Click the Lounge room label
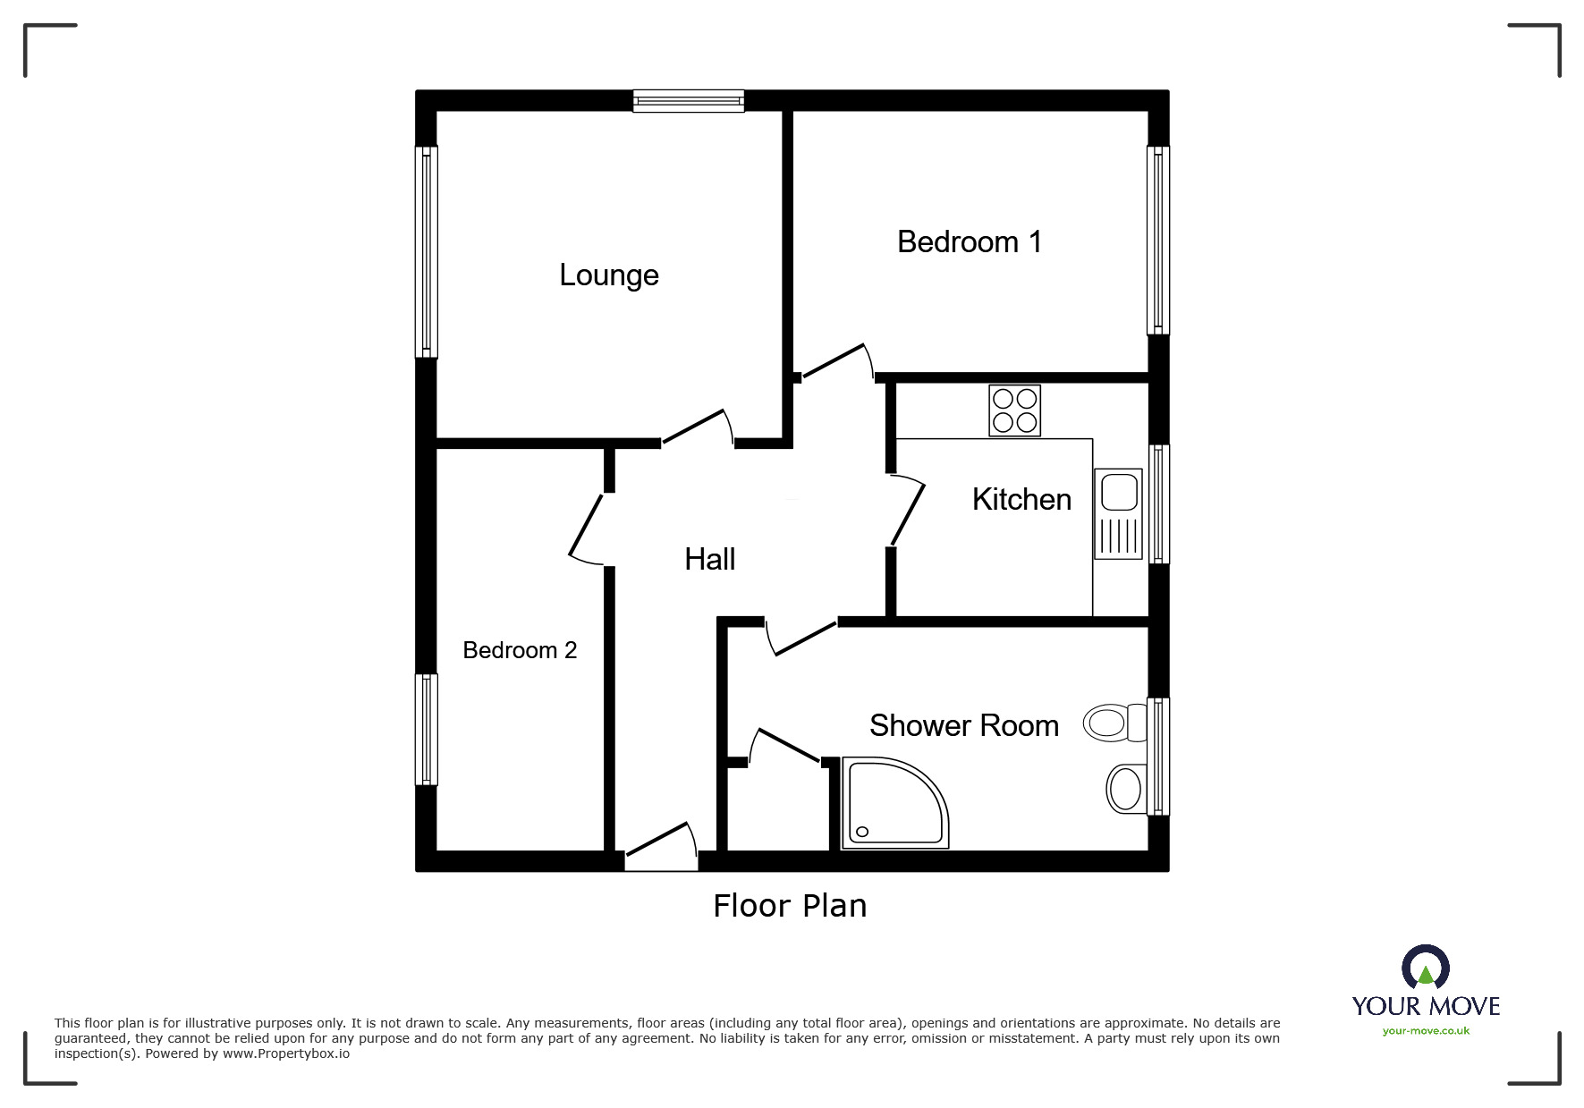[x=608, y=275]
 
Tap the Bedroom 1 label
[x=969, y=242]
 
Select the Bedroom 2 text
[x=520, y=650]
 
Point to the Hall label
[x=709, y=560]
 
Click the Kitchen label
[x=1021, y=500]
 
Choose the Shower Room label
[x=963, y=725]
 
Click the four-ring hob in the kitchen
[x=1014, y=410]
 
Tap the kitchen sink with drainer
[x=1118, y=513]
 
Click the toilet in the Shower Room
[x=1114, y=722]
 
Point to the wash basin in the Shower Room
[x=1125, y=789]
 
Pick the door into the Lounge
[x=696, y=427]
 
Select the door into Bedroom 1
[x=835, y=361]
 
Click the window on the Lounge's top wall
[x=688, y=100]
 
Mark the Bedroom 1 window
[x=1157, y=241]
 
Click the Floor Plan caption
[x=789, y=906]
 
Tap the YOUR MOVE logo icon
[x=1425, y=968]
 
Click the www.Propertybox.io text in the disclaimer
[x=286, y=1054]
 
